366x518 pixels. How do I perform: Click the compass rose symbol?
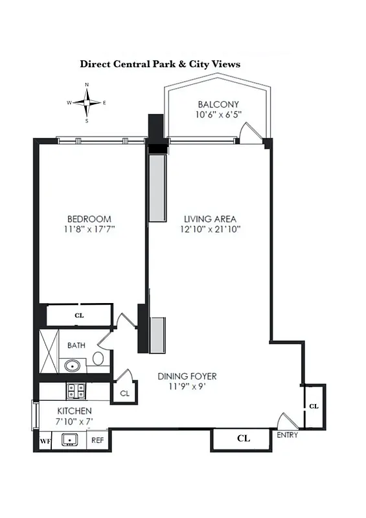(87, 102)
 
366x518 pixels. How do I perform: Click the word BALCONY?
(218, 104)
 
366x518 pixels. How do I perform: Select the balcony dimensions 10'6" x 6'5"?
(218, 115)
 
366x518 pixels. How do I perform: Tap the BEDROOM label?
(89, 219)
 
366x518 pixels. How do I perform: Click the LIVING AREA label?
(209, 219)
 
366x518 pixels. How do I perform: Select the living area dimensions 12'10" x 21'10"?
(209, 229)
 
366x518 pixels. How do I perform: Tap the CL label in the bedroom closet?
(79, 316)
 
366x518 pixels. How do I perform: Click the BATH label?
(76, 345)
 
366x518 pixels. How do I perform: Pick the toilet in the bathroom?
(98, 358)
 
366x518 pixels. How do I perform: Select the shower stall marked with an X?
(49, 351)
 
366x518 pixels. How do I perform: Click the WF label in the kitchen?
(45, 441)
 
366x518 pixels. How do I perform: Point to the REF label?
(97, 441)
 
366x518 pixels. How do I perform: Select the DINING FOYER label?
(188, 376)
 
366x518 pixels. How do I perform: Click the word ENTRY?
(287, 435)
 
